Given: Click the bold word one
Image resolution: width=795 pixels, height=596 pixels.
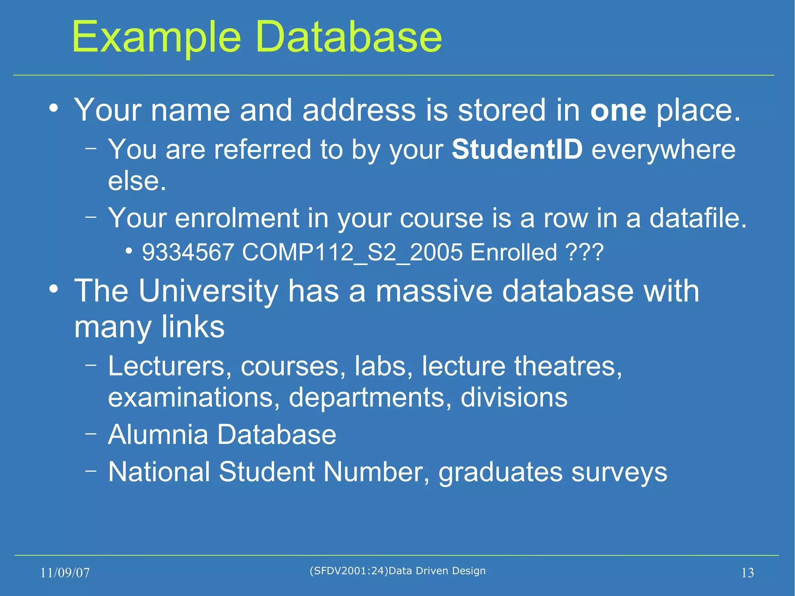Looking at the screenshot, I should pyautogui.click(x=618, y=111).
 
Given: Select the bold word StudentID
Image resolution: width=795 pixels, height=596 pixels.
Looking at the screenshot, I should pyautogui.click(x=517, y=149).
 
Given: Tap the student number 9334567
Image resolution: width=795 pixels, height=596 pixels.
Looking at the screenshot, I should pyautogui.click(x=188, y=252).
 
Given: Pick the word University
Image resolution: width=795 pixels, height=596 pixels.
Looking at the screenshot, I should pyautogui.click(x=208, y=291).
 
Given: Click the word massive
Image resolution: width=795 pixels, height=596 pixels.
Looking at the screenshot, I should pyautogui.click(x=434, y=291).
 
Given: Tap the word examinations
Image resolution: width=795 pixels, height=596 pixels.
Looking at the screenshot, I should pyautogui.click(x=193, y=398).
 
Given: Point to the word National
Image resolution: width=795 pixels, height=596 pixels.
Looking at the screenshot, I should pyautogui.click(x=159, y=472).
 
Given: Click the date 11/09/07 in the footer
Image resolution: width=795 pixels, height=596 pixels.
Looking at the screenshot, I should pyautogui.click(x=65, y=573).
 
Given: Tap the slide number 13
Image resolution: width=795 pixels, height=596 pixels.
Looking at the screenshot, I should pyautogui.click(x=747, y=573).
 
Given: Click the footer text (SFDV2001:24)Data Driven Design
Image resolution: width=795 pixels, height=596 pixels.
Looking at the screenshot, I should pyautogui.click(x=397, y=571).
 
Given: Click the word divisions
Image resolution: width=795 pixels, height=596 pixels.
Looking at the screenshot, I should pyautogui.click(x=514, y=398).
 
